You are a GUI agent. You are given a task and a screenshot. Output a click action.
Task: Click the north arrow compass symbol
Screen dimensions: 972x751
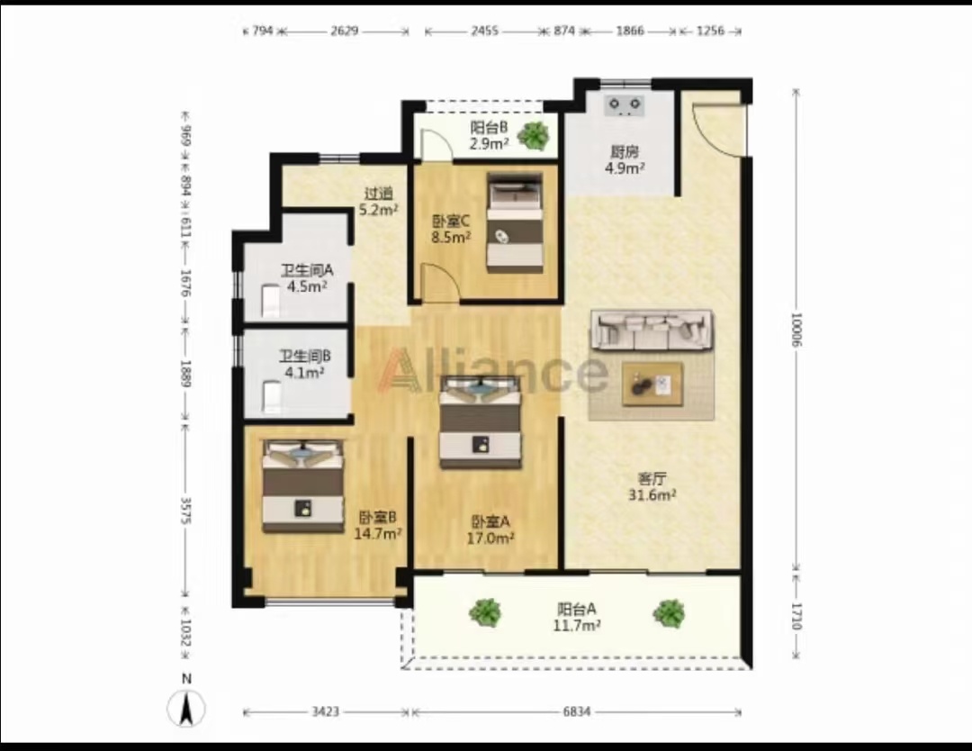click(186, 709)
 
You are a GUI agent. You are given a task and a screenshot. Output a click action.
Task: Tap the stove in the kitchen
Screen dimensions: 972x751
click(625, 104)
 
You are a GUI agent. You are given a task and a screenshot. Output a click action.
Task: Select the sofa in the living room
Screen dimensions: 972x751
click(652, 330)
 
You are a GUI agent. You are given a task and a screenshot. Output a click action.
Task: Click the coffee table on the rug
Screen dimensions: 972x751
click(652, 385)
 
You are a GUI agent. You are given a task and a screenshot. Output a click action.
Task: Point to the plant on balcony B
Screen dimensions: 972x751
click(533, 134)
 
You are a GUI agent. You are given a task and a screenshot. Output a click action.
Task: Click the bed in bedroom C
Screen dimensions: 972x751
click(515, 222)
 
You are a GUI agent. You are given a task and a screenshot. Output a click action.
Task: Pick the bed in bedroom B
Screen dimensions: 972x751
click(303, 486)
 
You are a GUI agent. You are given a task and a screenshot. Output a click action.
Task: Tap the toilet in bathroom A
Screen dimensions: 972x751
click(270, 301)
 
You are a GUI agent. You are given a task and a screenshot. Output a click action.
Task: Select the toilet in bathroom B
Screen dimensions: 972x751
click(272, 397)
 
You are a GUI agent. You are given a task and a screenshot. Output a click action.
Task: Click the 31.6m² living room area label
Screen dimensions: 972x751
click(652, 495)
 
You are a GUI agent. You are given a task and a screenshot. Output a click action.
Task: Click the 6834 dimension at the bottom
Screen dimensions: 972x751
click(577, 712)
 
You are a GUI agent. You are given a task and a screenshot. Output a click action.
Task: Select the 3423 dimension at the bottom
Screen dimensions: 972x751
click(325, 712)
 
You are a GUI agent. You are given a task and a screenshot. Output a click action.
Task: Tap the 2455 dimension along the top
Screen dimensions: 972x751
click(484, 31)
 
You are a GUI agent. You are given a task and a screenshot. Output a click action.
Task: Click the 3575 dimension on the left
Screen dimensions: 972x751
click(184, 511)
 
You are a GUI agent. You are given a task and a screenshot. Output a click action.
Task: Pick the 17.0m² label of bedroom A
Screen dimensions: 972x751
click(490, 538)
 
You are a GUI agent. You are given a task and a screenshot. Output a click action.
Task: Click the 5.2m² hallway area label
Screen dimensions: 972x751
click(379, 210)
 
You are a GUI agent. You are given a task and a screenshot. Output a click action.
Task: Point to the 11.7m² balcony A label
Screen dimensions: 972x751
click(577, 625)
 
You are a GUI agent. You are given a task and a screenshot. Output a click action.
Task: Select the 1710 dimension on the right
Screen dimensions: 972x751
click(796, 617)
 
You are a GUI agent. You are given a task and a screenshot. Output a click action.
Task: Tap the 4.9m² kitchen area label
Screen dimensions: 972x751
click(625, 168)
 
